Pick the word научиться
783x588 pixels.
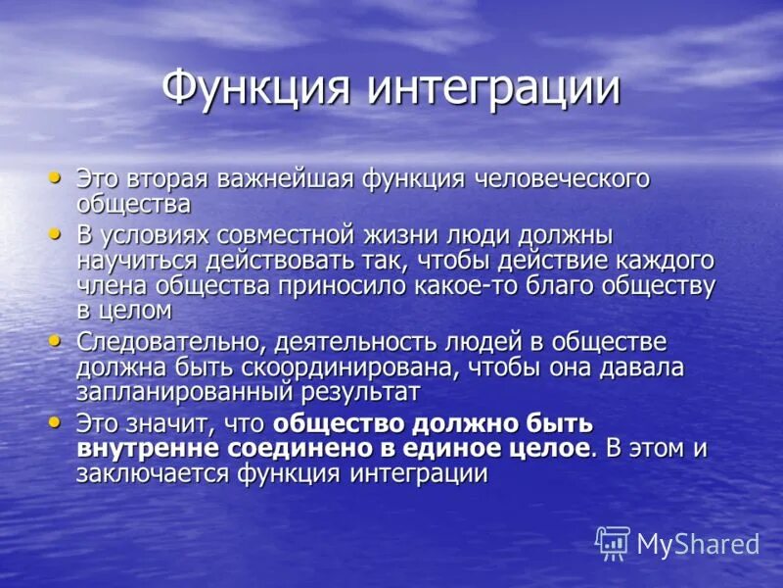point(137,262)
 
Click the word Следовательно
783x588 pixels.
point(169,343)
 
